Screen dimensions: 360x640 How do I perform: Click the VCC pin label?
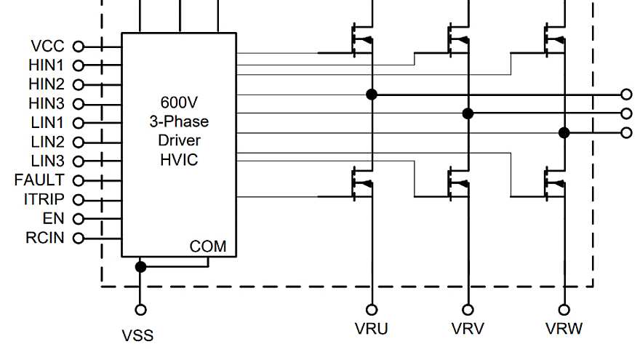pyautogui.click(x=47, y=47)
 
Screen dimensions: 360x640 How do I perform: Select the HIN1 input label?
pyautogui.click(x=46, y=65)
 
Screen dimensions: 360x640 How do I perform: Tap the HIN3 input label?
pyautogui.click(x=46, y=103)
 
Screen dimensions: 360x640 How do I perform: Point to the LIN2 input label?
pyautogui.click(x=47, y=142)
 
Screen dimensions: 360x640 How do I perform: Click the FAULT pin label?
pyautogui.click(x=39, y=180)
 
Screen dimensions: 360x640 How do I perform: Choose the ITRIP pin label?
pyautogui.click(x=44, y=199)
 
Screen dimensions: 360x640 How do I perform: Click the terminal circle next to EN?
pyautogui.click(x=79, y=218)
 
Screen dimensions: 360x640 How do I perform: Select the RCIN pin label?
pyautogui.click(x=45, y=237)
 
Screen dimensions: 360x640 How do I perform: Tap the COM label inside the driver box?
pyautogui.click(x=208, y=247)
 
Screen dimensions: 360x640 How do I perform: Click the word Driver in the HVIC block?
pyautogui.click(x=179, y=140)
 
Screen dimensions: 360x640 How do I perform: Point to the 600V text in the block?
pyautogui.click(x=178, y=102)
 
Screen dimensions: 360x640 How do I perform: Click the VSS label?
pyautogui.click(x=137, y=336)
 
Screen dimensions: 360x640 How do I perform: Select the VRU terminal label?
pyautogui.click(x=371, y=329)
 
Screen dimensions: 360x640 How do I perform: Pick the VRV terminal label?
pyautogui.click(x=468, y=329)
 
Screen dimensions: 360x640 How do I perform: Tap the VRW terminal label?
pyautogui.click(x=564, y=329)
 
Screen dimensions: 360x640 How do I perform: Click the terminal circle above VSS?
pyautogui.click(x=140, y=310)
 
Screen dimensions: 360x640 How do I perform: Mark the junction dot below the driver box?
pyautogui.click(x=140, y=267)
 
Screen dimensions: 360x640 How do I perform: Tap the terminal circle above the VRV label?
pyautogui.click(x=468, y=310)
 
